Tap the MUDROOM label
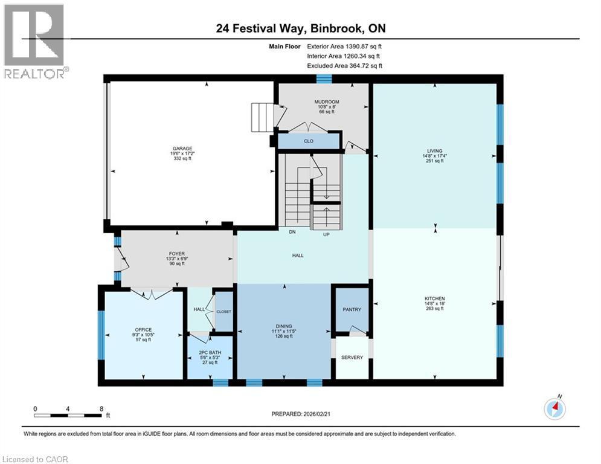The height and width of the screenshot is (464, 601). click(x=326, y=102)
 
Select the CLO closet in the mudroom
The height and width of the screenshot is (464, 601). click(x=309, y=141)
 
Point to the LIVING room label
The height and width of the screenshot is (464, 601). click(x=435, y=151)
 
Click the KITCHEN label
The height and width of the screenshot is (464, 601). click(x=435, y=298)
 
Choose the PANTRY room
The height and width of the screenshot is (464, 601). click(x=352, y=310)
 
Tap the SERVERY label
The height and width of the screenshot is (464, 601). click(x=352, y=357)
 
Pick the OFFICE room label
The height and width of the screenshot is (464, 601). click(x=143, y=330)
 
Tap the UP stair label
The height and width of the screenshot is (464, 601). click(x=326, y=234)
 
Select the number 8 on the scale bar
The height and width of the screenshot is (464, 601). click(x=101, y=408)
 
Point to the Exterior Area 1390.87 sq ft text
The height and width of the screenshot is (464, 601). click(x=345, y=45)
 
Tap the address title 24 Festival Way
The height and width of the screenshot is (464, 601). click(x=300, y=28)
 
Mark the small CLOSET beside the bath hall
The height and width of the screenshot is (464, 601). click(x=224, y=311)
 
